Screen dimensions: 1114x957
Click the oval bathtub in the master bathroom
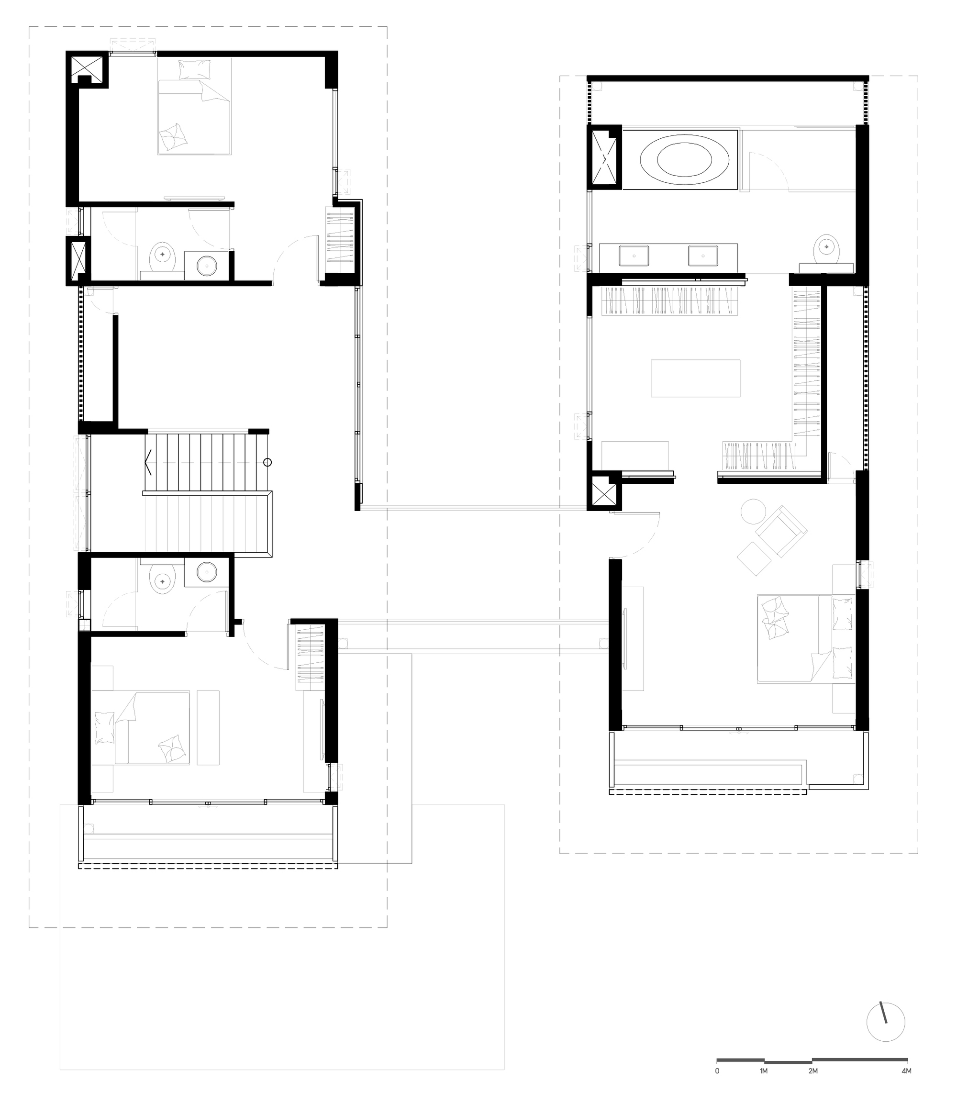pyautogui.click(x=684, y=159)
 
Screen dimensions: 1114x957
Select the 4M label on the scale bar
pyautogui.click(x=906, y=1071)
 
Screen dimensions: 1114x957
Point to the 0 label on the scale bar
pyautogui.click(x=717, y=1071)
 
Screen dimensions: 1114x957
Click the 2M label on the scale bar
pyautogui.click(x=812, y=1071)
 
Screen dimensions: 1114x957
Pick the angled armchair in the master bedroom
pyautogui.click(x=780, y=531)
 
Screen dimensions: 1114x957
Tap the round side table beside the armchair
pyautogui.click(x=753, y=511)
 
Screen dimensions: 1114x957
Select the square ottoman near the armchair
pyautogui.click(x=754, y=559)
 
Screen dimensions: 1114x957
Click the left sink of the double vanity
pyautogui.click(x=634, y=256)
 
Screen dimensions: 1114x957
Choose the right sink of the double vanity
pyautogui.click(x=703, y=256)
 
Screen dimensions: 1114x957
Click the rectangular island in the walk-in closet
pyautogui.click(x=695, y=379)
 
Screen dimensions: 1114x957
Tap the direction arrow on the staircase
pyautogui.click(x=149, y=462)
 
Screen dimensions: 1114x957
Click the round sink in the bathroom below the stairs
pyautogui.click(x=206, y=572)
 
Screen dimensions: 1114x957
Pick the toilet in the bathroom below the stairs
pyautogui.click(x=162, y=579)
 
